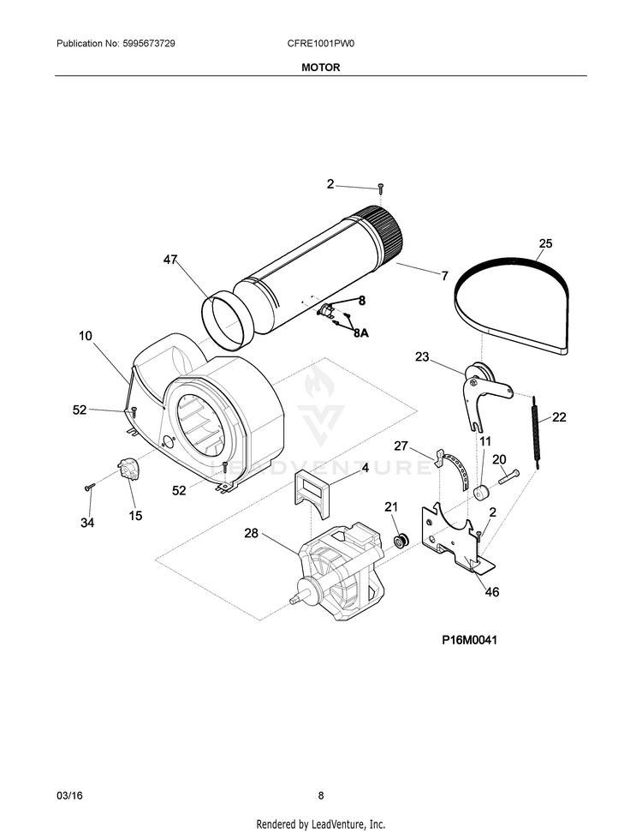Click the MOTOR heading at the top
[x=321, y=68]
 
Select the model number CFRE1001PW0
[x=321, y=44]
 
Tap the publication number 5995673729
[x=148, y=44]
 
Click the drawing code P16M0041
[x=470, y=640]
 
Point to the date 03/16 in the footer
[x=69, y=795]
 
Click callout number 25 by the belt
[x=545, y=243]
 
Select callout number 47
[x=170, y=260]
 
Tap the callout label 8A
[x=361, y=333]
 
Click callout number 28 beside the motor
[x=252, y=533]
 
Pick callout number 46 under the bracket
[x=492, y=591]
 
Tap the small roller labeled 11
[x=482, y=493]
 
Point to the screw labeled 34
[x=89, y=486]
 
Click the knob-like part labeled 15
[x=128, y=470]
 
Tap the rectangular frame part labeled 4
[x=312, y=494]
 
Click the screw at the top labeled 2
[x=380, y=188]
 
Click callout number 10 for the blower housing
[x=86, y=336]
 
